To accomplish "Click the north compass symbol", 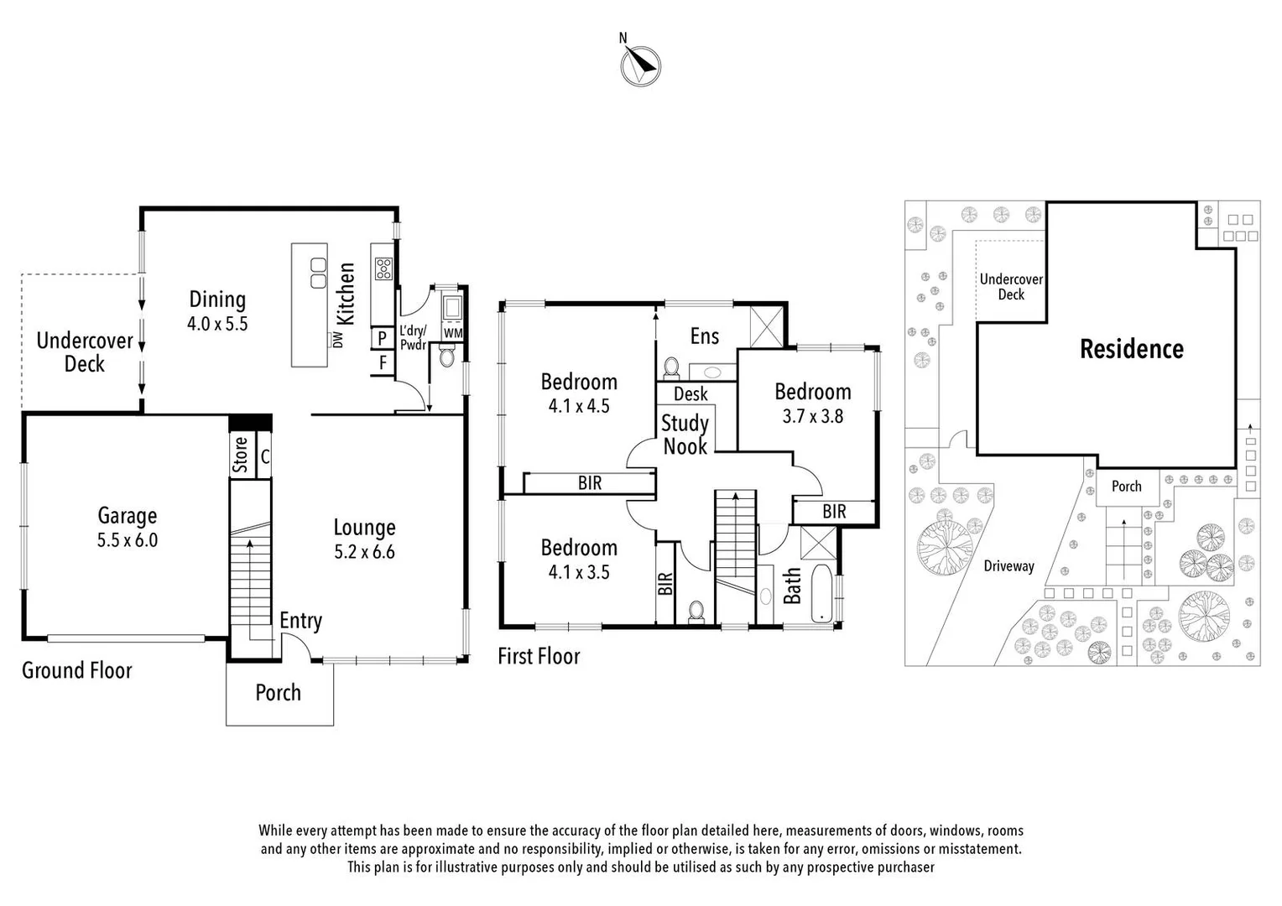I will tap(640, 65).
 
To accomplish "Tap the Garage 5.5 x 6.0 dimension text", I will tap(128, 540).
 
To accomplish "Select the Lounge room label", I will tap(364, 528).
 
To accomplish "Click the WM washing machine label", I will tap(453, 333).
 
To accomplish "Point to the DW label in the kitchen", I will tap(338, 339).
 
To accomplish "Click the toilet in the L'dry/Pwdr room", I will tap(446, 359).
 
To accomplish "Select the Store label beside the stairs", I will tap(241, 455).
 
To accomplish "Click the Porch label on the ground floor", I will tap(278, 693).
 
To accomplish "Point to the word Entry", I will tap(300, 621).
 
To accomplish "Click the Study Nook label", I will tap(685, 435).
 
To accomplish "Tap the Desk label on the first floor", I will tap(691, 393).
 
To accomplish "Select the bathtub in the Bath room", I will tap(823, 595).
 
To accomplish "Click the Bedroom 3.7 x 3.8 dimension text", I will tap(812, 416).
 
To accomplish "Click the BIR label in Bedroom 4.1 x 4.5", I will tap(590, 483).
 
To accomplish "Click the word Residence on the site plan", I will tap(1131, 349).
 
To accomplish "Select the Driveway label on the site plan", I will tap(1008, 566).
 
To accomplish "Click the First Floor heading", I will tap(539, 656).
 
